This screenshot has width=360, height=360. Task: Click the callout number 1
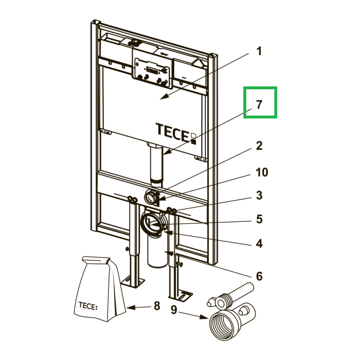pyautogui.click(x=259, y=51)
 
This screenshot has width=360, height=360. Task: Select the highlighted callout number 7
pyautogui.click(x=259, y=105)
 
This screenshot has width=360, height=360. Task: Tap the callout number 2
pyautogui.click(x=259, y=146)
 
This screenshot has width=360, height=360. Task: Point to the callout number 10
pyautogui.click(x=262, y=172)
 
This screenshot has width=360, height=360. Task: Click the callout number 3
pyautogui.click(x=259, y=195)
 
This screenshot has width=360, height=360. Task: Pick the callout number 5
pyautogui.click(x=259, y=219)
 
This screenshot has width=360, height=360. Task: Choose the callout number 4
pyautogui.click(x=259, y=243)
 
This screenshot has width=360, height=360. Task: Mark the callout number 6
pyautogui.click(x=259, y=276)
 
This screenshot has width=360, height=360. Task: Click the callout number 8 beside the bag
pyautogui.click(x=157, y=306)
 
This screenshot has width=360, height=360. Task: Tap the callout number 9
pyautogui.click(x=174, y=310)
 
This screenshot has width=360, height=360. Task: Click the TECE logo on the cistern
pyautogui.click(x=176, y=133)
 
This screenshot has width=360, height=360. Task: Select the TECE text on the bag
pyautogui.click(x=88, y=306)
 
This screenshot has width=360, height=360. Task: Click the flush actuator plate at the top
pyautogui.click(x=152, y=72)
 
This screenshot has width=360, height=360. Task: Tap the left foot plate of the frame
pyautogui.click(x=132, y=282)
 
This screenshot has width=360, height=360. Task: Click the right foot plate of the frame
pyautogui.click(x=180, y=295)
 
